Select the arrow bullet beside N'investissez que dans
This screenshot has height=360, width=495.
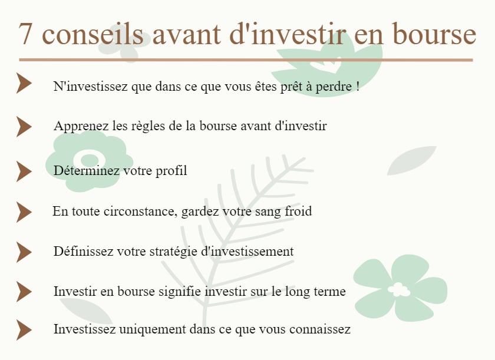coord(23,84)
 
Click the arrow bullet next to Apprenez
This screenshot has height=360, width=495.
coord(23,127)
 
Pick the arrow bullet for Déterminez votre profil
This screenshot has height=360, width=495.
coord(23,171)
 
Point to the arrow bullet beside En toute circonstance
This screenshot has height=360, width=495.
coord(23,212)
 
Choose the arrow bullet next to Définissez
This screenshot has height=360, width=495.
coord(23,252)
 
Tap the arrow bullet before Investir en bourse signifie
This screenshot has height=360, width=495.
coord(23,292)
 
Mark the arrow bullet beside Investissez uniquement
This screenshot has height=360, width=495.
coord(23,330)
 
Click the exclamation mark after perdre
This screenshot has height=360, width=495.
coord(358,87)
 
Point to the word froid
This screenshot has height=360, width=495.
coord(298,212)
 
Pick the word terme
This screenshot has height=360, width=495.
coord(330,292)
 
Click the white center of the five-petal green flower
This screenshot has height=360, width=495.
coord(399,289)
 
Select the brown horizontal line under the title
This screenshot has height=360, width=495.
coord(246,60)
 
